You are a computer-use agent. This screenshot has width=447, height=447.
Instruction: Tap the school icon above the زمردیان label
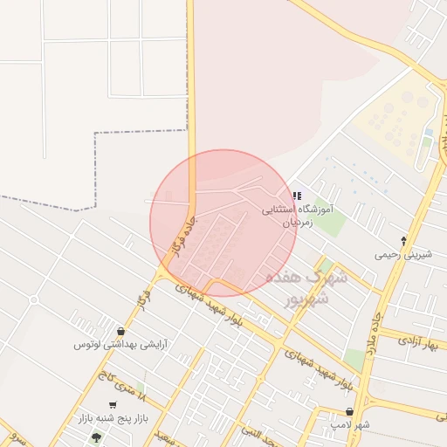297,196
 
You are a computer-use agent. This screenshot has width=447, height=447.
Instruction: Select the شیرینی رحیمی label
402,255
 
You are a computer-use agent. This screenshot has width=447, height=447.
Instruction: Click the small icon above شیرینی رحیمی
402,240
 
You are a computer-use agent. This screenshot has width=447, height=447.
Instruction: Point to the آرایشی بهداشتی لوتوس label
120,344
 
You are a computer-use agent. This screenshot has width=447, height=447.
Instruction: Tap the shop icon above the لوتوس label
120,331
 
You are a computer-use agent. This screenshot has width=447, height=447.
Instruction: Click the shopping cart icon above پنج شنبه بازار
113,406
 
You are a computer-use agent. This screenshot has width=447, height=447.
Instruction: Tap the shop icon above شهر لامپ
349,411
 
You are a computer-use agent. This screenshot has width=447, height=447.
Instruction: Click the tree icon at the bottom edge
96,437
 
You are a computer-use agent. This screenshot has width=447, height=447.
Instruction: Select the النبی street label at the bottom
262,437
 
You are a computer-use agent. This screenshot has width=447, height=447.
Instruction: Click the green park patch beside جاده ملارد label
354,358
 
